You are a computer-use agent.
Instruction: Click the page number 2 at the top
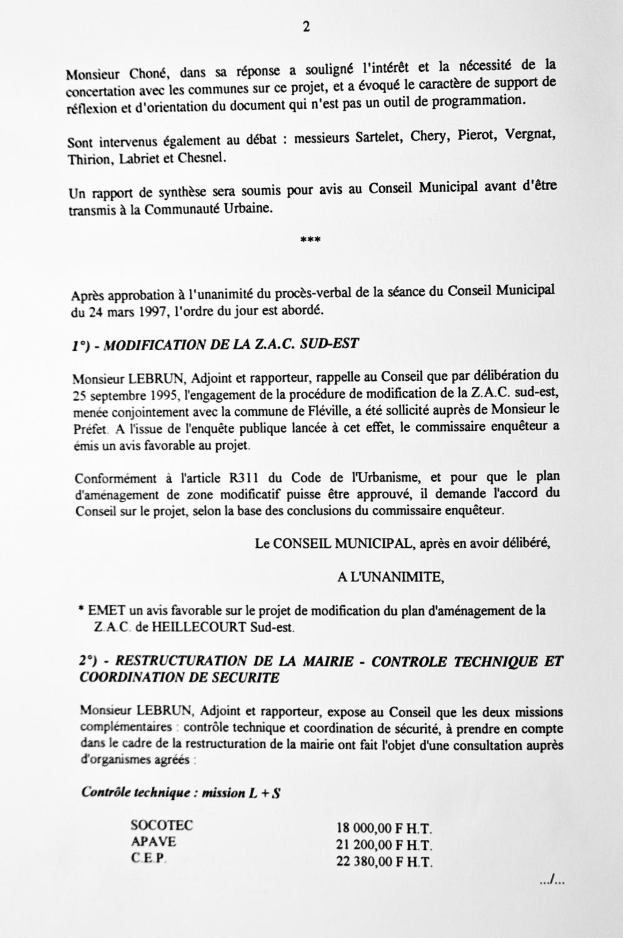[306, 27]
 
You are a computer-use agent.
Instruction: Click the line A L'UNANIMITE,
[391, 578]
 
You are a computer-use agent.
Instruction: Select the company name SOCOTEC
[162, 825]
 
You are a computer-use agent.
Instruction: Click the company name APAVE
[153, 842]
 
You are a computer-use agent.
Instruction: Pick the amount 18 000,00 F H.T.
[385, 829]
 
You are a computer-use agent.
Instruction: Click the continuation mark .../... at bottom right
[552, 882]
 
